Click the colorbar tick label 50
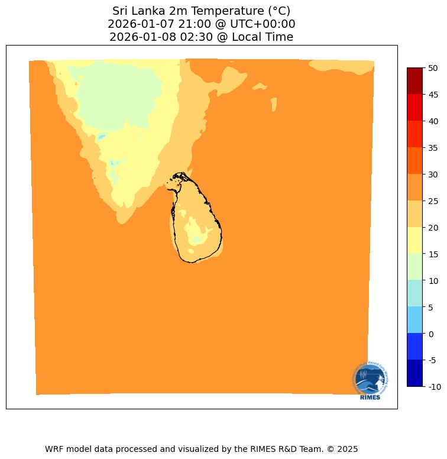point(433,68)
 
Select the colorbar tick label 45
point(433,95)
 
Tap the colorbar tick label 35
point(433,148)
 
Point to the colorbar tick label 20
point(433,228)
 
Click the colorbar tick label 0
point(430,334)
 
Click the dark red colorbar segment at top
point(415,81)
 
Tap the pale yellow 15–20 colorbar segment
point(415,240)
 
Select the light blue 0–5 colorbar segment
point(415,320)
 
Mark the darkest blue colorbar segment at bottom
point(415,373)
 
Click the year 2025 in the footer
point(347,449)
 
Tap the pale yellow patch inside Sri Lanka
point(196,238)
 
